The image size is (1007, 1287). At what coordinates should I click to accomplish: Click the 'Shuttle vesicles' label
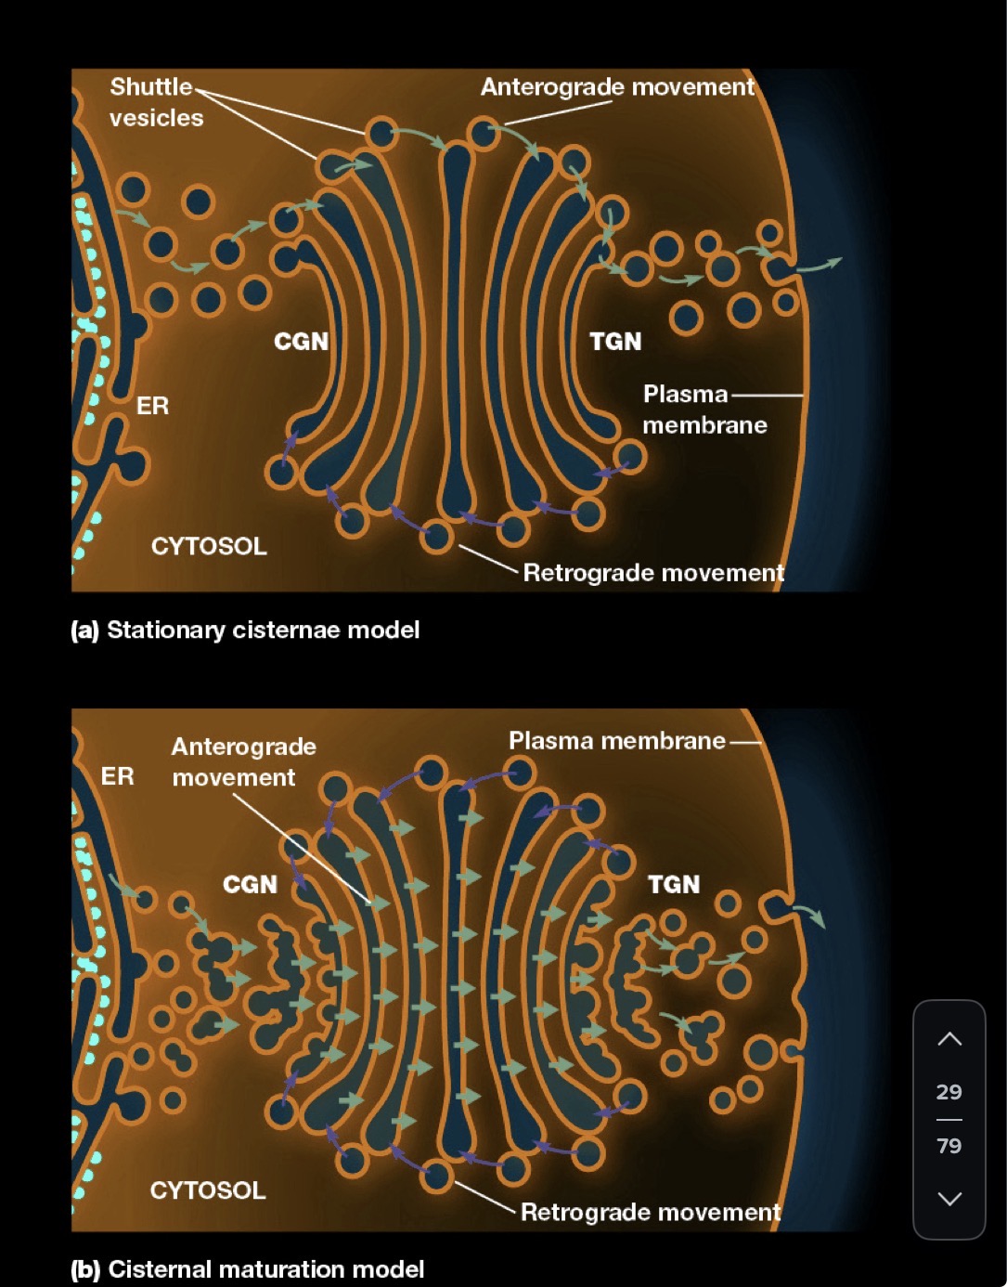(x=155, y=102)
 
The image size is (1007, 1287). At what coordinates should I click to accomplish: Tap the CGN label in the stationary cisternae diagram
(x=301, y=342)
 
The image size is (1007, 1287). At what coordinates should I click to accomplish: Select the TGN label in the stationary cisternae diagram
(x=615, y=342)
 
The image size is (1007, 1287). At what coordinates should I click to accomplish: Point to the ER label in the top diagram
(x=152, y=406)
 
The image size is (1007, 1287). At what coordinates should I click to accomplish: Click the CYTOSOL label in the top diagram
(x=209, y=546)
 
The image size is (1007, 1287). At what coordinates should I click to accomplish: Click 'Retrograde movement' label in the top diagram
(x=653, y=573)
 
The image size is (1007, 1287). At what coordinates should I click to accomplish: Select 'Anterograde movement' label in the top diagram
(x=617, y=87)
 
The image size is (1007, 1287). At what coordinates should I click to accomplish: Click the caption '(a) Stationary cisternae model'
(x=245, y=630)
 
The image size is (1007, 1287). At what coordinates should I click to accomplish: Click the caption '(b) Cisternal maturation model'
(x=247, y=1269)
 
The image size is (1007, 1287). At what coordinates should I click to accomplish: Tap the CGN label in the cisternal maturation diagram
(x=250, y=884)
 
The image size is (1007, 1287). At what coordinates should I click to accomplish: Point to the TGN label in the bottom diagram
(x=674, y=884)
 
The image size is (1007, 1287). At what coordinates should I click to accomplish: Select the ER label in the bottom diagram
(x=117, y=776)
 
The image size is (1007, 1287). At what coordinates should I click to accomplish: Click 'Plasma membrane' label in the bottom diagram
(x=616, y=741)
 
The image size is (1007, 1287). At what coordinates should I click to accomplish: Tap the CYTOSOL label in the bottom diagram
(x=208, y=1190)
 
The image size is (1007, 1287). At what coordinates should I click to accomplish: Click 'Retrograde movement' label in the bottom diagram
(x=650, y=1212)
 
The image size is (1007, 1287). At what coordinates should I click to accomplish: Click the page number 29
(x=949, y=1092)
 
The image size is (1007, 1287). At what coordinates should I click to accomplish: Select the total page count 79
(x=949, y=1146)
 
